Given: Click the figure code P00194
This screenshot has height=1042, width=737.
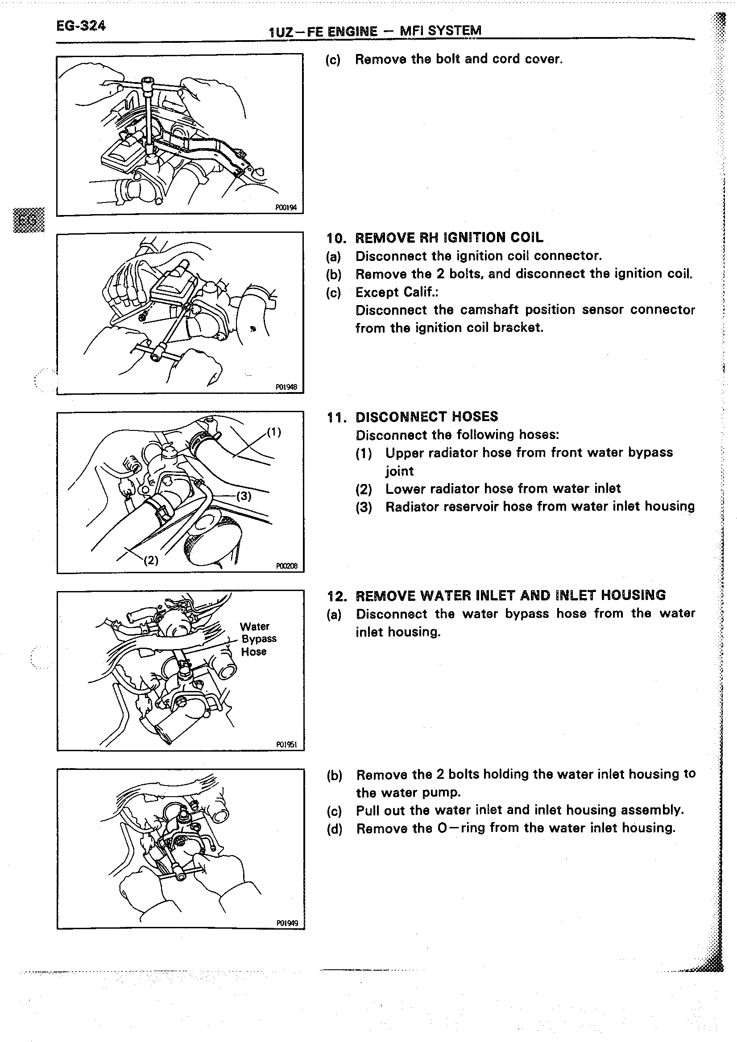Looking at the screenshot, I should (x=286, y=207).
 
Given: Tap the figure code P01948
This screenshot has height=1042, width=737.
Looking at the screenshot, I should (x=286, y=387).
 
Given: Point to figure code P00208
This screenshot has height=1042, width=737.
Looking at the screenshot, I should (x=286, y=566).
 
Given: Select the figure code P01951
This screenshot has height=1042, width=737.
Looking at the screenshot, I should (x=286, y=745).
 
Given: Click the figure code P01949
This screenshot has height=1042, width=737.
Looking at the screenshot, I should (x=287, y=923).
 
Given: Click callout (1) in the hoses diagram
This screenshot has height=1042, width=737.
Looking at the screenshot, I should (x=273, y=432).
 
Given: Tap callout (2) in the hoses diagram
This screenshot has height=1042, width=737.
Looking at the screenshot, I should (x=151, y=561).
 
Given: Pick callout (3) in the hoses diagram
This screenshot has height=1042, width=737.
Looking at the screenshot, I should (x=244, y=496).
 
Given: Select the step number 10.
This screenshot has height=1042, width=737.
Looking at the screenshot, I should (x=336, y=238).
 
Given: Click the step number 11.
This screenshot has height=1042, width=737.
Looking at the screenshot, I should (x=336, y=417).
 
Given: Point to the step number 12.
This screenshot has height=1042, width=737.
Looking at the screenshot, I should (x=337, y=595).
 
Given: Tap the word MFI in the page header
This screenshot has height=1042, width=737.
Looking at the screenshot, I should (x=411, y=31).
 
